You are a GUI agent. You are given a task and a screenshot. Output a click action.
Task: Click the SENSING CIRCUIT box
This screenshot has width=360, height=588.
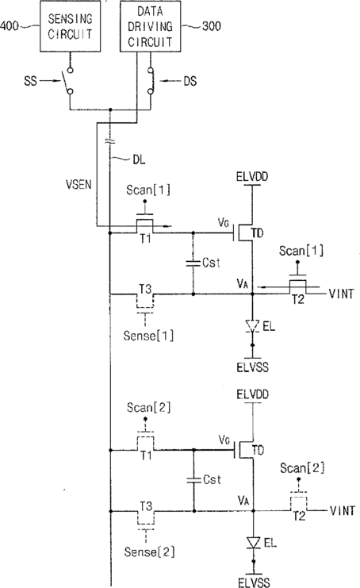(70, 26)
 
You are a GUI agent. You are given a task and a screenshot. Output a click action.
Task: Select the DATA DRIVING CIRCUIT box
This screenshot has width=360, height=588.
(150, 26)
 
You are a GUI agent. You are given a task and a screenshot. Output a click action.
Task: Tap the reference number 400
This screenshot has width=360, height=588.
(9, 26)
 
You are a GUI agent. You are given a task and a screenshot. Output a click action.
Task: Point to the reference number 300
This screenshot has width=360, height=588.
(211, 26)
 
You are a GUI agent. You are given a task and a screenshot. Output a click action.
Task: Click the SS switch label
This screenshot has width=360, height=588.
(31, 81)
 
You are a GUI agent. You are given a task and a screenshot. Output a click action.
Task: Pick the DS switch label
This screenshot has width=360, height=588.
(190, 81)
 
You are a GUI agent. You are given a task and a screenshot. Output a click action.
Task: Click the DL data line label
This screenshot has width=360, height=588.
(139, 159)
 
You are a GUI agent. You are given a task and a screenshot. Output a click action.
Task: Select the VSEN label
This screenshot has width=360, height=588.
(79, 184)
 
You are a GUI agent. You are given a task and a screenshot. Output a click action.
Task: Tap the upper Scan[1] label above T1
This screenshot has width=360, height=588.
(148, 190)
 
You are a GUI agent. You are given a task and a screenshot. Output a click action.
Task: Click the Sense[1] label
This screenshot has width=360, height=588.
(148, 335)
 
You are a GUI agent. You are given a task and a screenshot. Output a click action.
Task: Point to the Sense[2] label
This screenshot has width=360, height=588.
(149, 551)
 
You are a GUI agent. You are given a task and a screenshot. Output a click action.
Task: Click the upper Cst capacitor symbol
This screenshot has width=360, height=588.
(193, 263)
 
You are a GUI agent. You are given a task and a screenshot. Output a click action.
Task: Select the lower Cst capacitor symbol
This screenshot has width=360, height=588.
(194, 480)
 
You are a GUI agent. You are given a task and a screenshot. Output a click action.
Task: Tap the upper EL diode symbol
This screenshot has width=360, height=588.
(252, 325)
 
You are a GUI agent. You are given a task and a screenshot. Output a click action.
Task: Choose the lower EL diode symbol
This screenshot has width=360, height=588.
(254, 543)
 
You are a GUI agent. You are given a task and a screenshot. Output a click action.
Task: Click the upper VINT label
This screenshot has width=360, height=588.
(341, 294)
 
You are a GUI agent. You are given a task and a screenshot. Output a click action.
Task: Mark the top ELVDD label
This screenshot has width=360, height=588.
(252, 176)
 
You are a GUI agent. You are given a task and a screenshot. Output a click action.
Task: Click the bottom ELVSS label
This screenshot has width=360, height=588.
(254, 582)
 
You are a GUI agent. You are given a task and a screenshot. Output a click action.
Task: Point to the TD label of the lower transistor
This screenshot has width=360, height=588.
(259, 450)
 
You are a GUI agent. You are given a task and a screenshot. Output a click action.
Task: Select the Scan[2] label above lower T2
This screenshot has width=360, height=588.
(302, 467)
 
